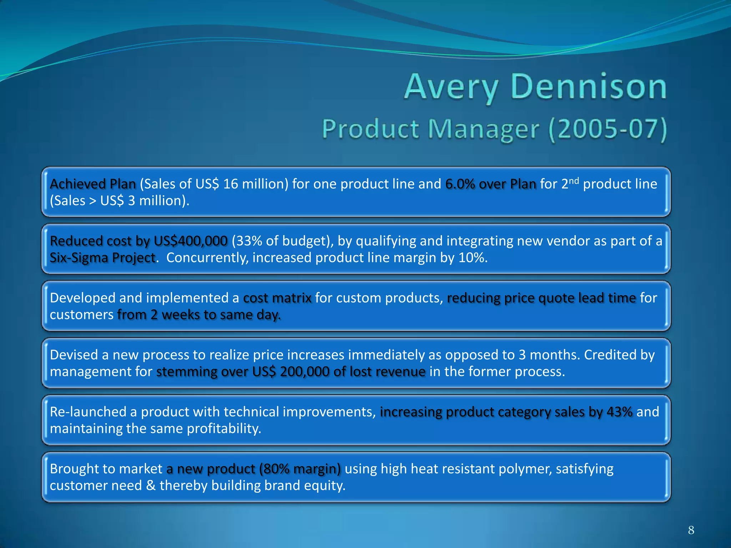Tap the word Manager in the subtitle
coord(483,129)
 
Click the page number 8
coord(691,530)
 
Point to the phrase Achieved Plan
coord(93,184)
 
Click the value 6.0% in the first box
coord(460,184)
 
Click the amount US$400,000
coord(190,241)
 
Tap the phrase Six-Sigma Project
coord(103,258)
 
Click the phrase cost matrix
coord(277,298)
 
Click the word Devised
coord(74,355)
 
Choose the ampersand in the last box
coord(151,486)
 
